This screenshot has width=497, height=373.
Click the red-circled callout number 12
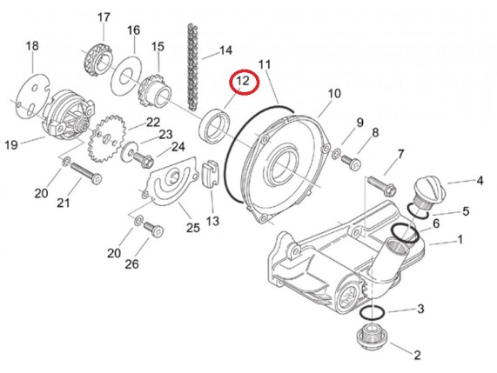coord(244,81)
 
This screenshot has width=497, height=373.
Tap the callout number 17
coord(104,17)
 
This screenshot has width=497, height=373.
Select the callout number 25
coord(193,228)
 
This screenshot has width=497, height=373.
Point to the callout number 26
coord(131,263)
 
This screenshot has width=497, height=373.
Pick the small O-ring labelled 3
coord(373,312)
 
